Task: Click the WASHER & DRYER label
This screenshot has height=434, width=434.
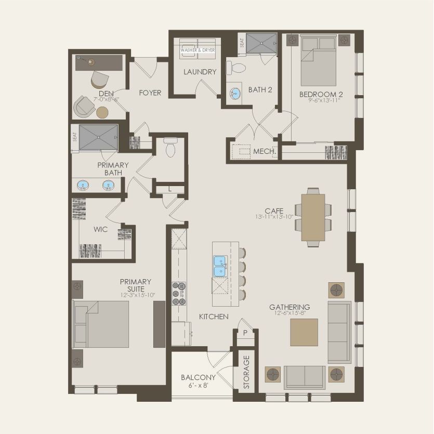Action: click(198, 50)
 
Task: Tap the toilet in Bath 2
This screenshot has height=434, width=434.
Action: click(236, 68)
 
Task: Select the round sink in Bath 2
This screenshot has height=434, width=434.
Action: click(235, 93)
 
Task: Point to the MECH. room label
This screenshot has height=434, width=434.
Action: click(265, 151)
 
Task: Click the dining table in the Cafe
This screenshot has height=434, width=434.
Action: click(313, 217)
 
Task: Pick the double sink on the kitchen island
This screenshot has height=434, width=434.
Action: click(220, 266)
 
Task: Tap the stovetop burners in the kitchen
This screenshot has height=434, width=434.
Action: click(179, 293)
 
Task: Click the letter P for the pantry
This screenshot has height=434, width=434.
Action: click(245, 333)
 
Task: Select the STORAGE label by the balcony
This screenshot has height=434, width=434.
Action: click(246, 372)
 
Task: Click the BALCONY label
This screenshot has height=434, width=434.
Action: click(198, 377)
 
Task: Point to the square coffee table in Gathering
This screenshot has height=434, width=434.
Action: click(304, 332)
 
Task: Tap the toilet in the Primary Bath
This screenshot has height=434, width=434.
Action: click(170, 147)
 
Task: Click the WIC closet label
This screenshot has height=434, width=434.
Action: click(100, 229)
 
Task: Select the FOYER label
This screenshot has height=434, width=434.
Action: click(150, 93)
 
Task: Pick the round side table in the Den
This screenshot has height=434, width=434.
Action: click(102, 112)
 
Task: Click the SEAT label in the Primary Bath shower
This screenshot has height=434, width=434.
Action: click(75, 137)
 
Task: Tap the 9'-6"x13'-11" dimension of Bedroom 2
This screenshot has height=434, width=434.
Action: click(324, 100)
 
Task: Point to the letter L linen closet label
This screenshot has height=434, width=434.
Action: click(170, 190)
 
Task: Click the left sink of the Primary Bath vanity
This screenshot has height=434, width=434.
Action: click(83, 185)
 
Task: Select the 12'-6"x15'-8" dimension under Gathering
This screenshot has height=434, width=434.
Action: click(290, 313)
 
